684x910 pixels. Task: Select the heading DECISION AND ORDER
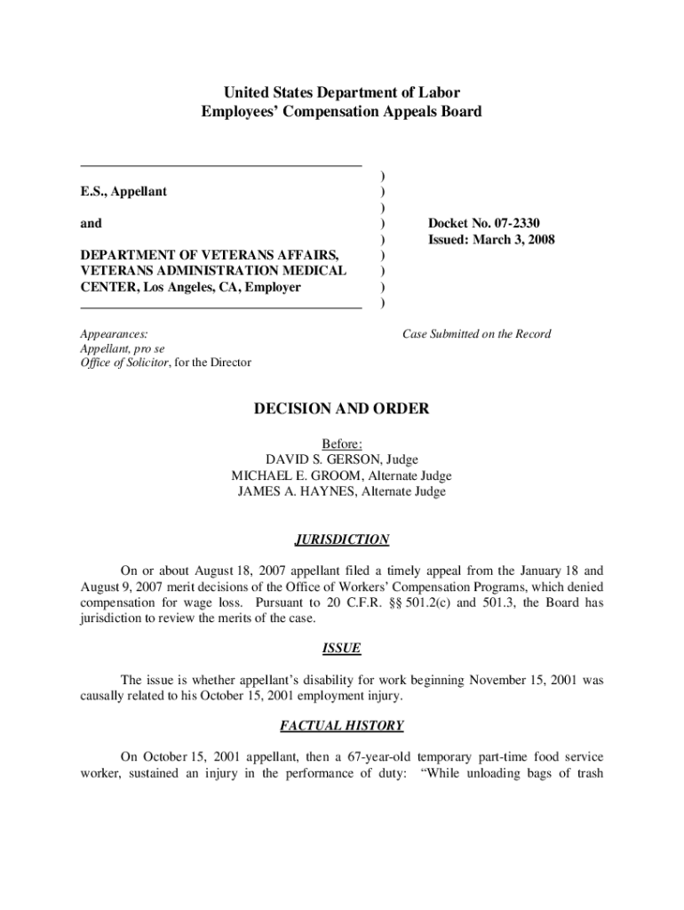tap(342, 409)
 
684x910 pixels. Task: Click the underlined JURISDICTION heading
tap(342, 539)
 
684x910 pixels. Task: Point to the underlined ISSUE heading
tap(342, 649)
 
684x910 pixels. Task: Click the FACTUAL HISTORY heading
tap(342, 726)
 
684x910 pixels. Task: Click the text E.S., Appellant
tap(123, 192)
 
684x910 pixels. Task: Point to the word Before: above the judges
tap(342, 443)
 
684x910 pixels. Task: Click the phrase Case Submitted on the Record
tap(476, 334)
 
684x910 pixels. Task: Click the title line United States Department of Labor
tap(342, 92)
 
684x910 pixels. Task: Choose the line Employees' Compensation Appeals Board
tap(342, 112)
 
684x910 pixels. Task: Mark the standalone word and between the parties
tap(91, 224)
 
